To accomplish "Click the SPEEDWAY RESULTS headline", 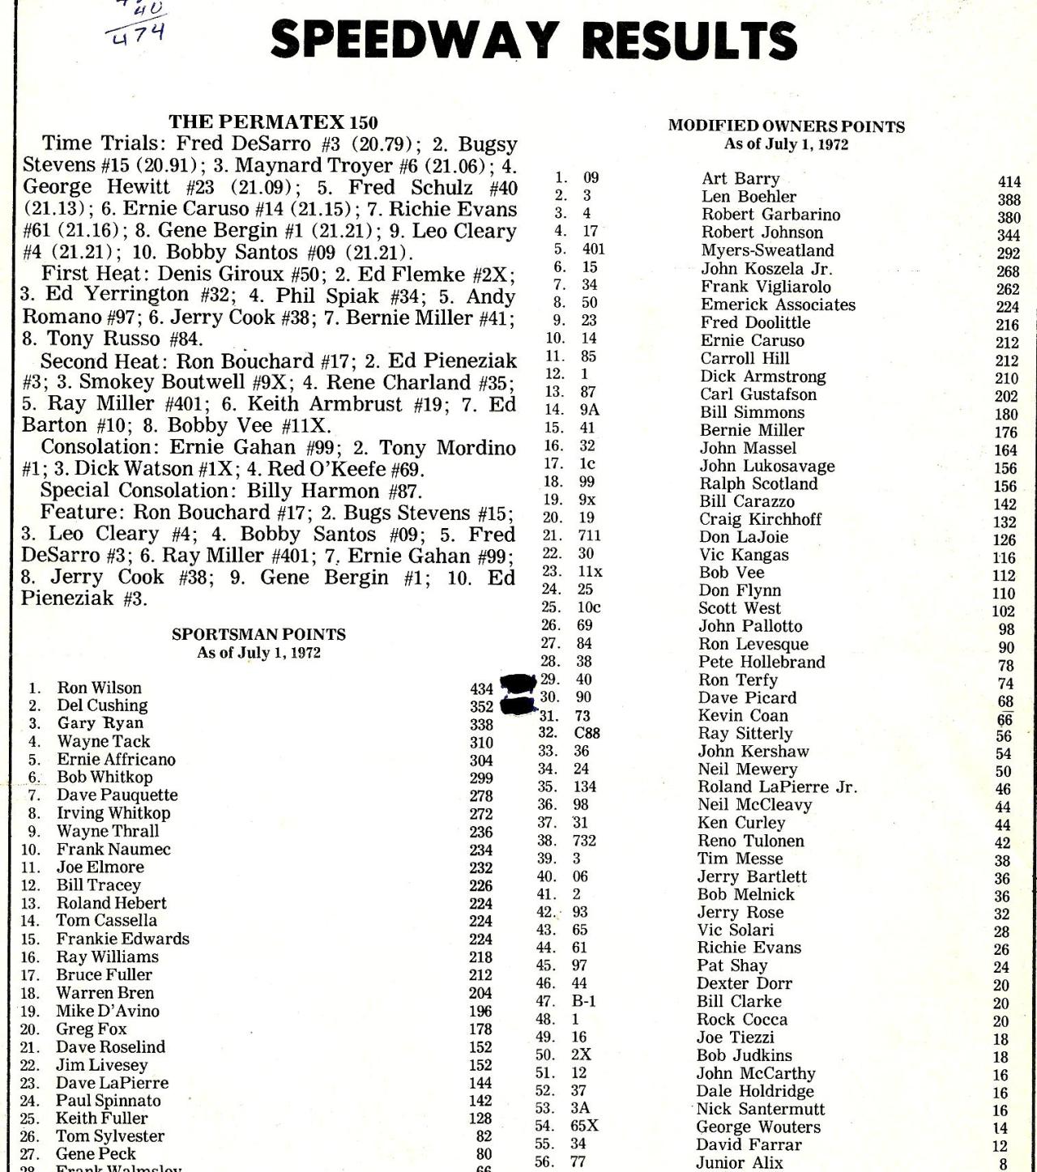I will point(533,39).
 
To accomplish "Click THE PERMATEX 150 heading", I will point(273,122).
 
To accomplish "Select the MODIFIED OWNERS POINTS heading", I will point(786,126).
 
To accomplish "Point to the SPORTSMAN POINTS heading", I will point(258,634).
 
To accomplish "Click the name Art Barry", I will point(740,179).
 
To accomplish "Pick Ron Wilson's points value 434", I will point(481,689).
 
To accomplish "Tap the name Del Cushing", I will point(102,705).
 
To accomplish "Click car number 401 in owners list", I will point(593,249).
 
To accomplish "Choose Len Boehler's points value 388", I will point(1009,199).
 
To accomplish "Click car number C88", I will point(587,734).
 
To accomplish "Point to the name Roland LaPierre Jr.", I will point(777,787).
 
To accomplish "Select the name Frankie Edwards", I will point(122,939).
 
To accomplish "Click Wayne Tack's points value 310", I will point(481,742).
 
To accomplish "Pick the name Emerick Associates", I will point(778,305).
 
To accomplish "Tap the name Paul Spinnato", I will point(108,1101).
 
